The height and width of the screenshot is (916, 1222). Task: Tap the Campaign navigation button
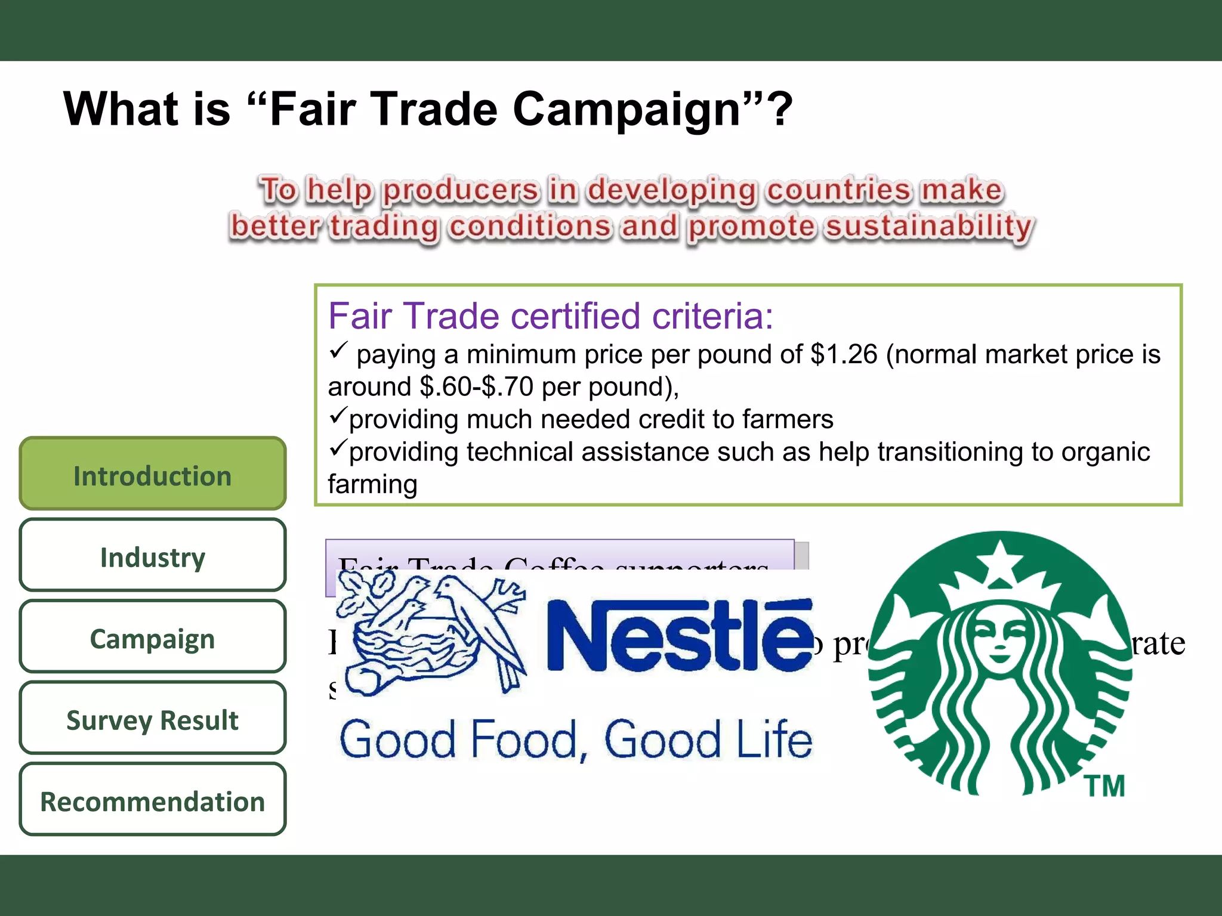click(x=153, y=638)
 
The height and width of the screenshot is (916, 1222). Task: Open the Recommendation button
click(x=153, y=800)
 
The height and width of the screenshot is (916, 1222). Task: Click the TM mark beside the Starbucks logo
click(x=1105, y=786)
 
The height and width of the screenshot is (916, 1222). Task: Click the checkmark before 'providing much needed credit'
click(x=338, y=415)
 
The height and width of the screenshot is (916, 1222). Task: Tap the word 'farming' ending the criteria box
click(x=372, y=484)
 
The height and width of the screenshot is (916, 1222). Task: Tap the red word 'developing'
click(x=672, y=190)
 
